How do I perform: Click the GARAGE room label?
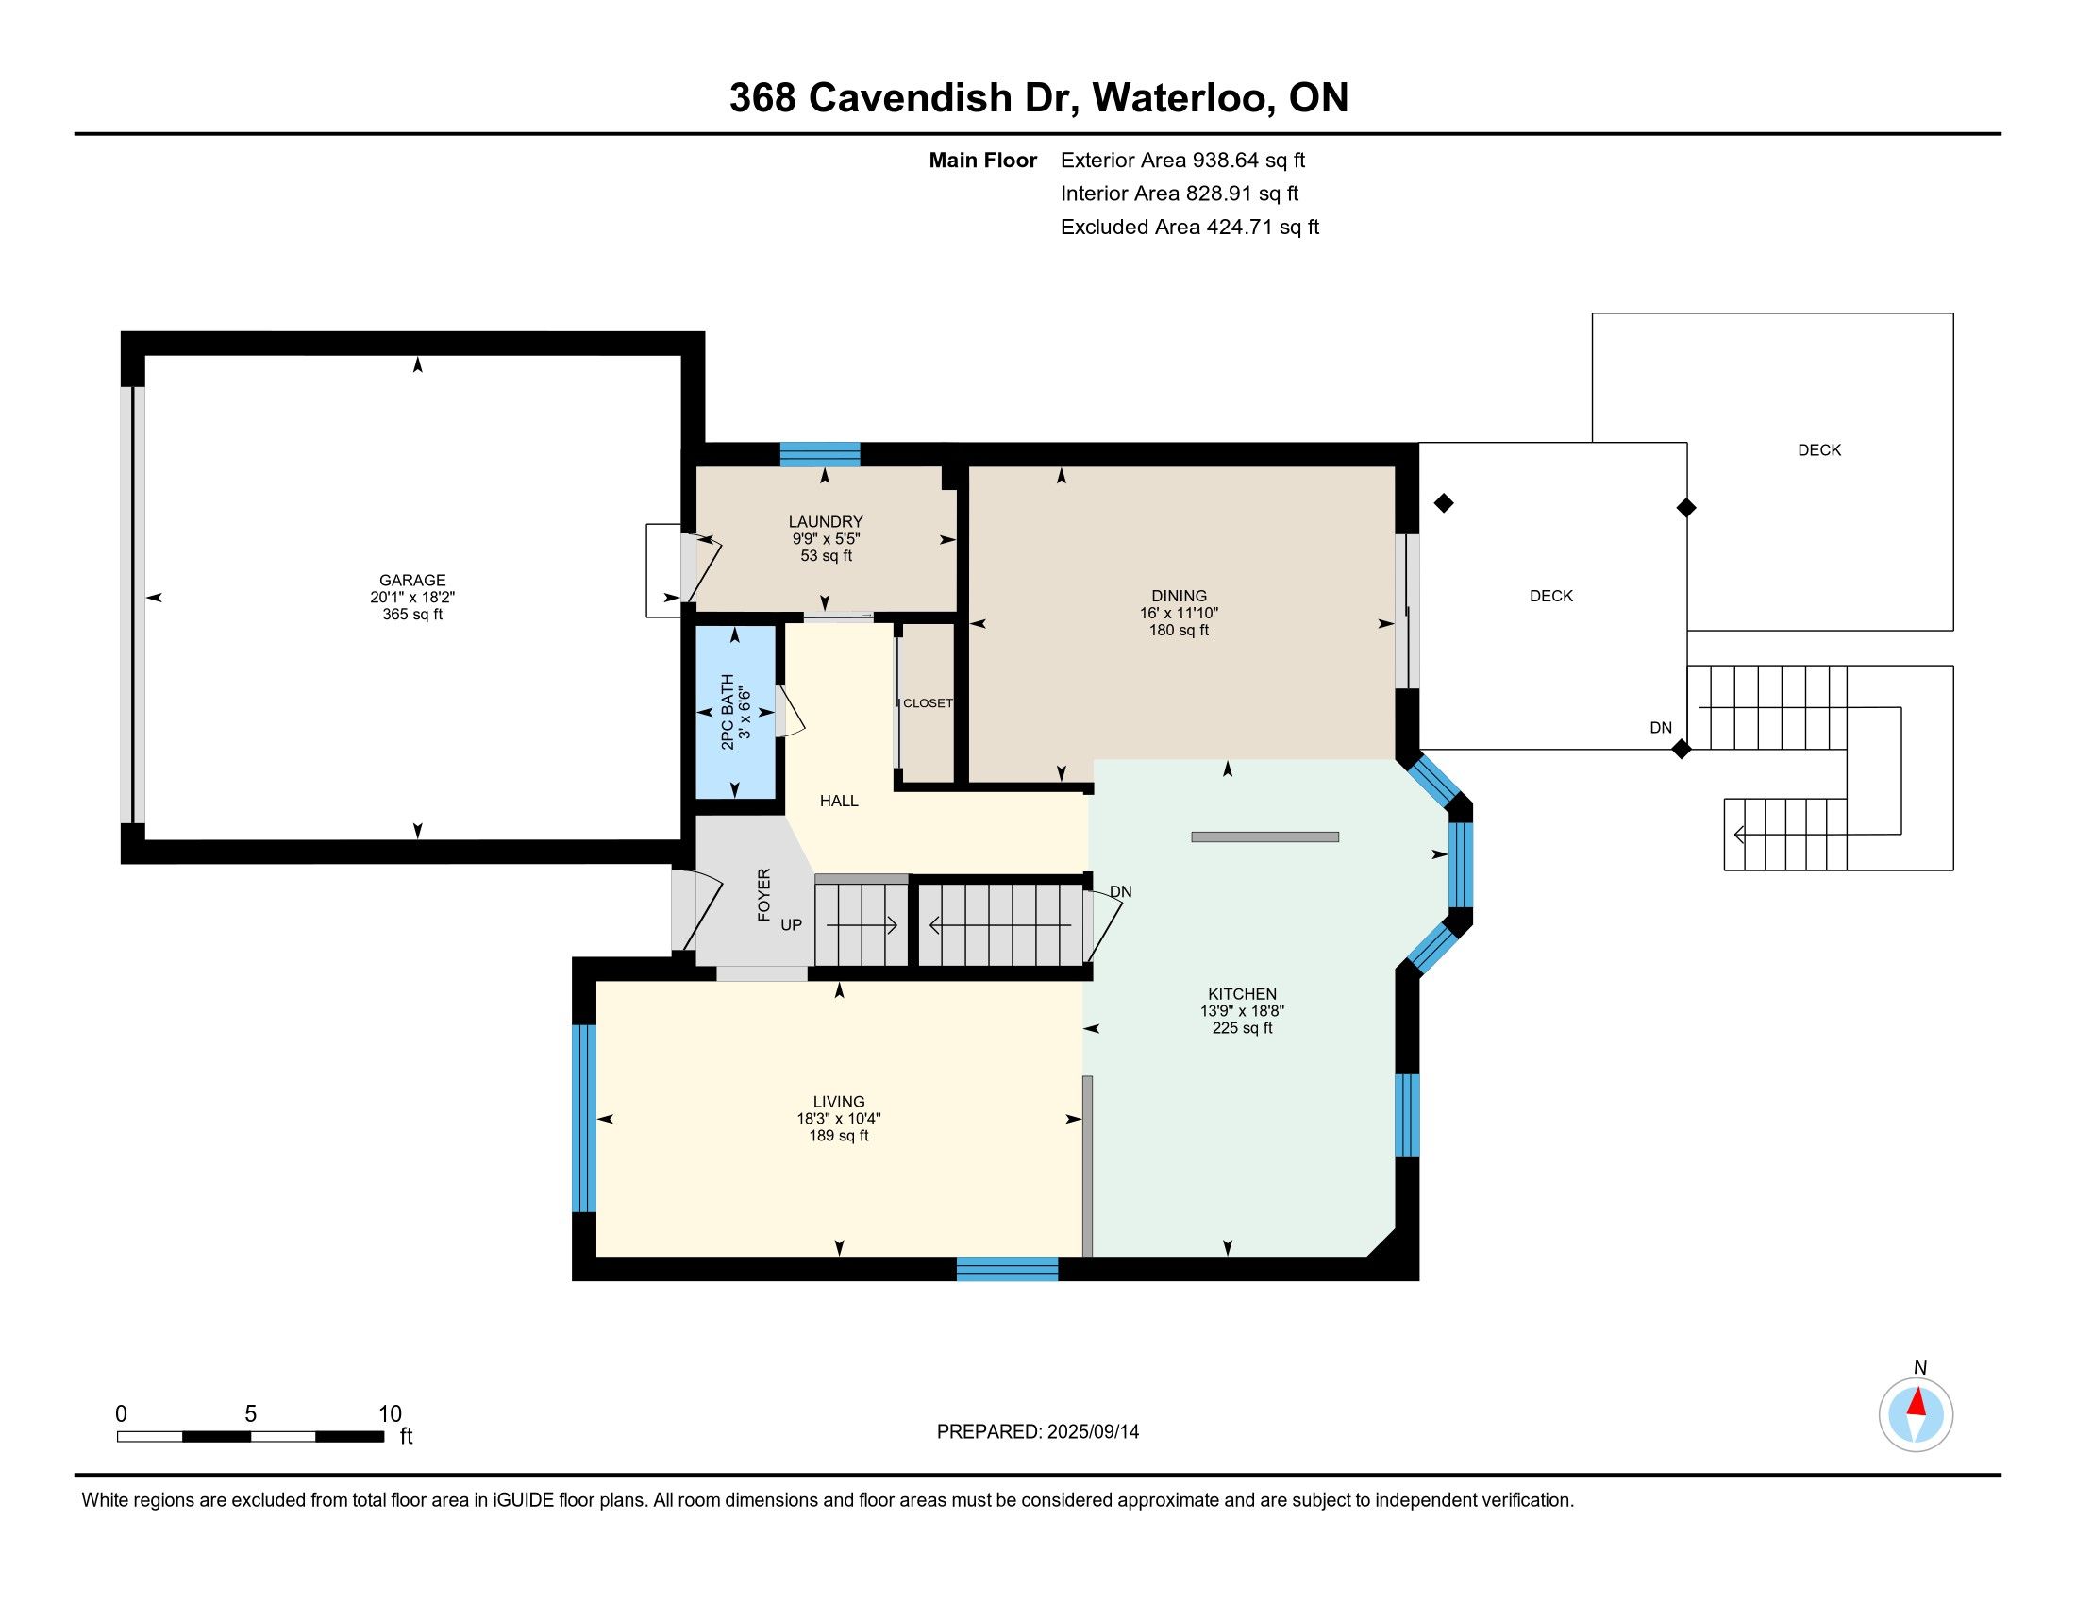(411, 580)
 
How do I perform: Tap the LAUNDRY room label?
(825, 522)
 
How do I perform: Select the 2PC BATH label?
(728, 712)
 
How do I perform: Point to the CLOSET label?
(927, 703)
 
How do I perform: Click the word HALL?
(838, 801)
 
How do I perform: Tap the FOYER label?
(763, 895)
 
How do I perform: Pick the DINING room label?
(1179, 596)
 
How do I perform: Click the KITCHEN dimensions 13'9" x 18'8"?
(1242, 1012)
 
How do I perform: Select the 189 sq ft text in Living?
(838, 1135)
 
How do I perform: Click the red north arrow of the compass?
(1917, 1402)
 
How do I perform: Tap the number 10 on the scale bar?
(390, 1414)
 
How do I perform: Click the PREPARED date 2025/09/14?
(1092, 1432)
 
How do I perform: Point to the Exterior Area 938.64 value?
(1225, 160)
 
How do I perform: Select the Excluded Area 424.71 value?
(1239, 228)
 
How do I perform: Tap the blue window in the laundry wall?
(819, 454)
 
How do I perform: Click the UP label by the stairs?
(791, 924)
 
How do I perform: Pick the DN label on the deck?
(1661, 727)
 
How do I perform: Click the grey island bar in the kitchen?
(1265, 836)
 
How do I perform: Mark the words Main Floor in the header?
(983, 160)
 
